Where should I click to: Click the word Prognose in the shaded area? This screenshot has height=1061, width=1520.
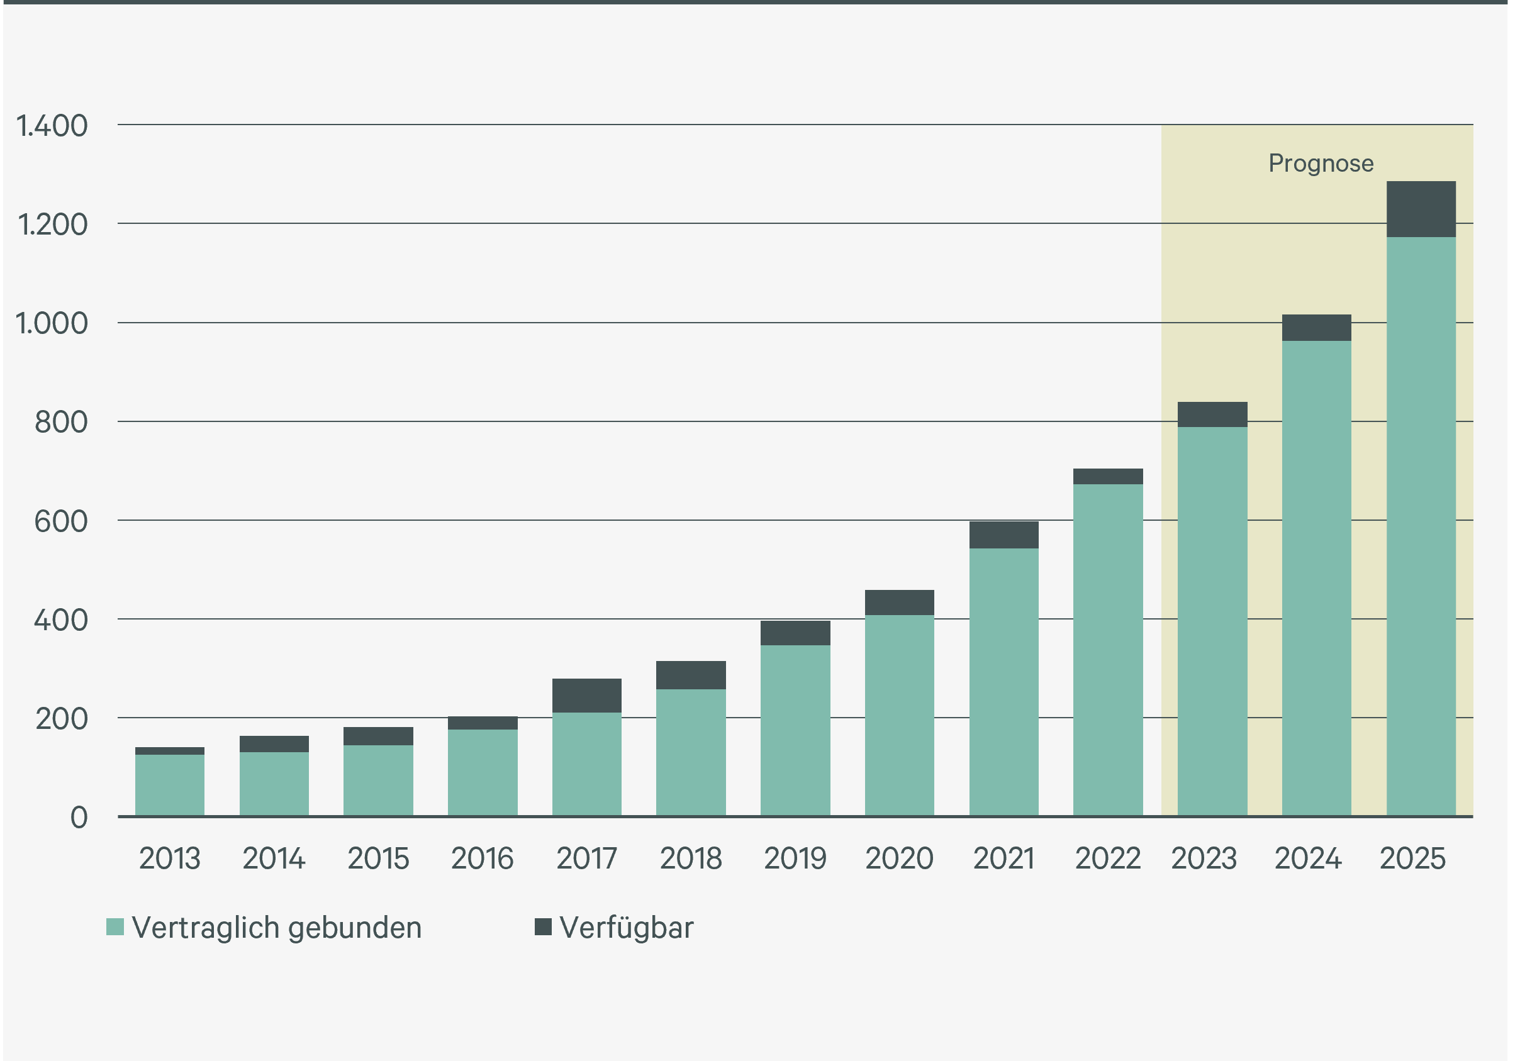(x=1321, y=164)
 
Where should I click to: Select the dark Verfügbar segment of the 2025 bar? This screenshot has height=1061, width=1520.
(x=1421, y=209)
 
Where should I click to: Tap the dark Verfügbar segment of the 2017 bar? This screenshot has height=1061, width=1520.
(x=586, y=696)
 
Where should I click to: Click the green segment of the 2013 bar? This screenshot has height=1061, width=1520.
(x=169, y=785)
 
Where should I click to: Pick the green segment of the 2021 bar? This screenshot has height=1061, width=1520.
(x=1003, y=682)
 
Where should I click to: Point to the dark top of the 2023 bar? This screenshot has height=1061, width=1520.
(x=1212, y=414)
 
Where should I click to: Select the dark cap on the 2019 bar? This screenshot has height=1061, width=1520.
(x=795, y=633)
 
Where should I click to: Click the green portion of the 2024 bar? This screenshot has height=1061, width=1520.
(x=1317, y=579)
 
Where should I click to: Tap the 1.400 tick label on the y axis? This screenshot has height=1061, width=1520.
(x=52, y=126)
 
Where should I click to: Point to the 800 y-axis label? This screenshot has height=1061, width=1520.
(x=61, y=422)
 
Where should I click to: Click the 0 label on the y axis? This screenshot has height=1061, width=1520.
(x=79, y=818)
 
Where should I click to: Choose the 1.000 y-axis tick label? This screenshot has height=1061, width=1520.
(x=52, y=324)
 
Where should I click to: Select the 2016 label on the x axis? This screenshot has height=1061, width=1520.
(x=483, y=858)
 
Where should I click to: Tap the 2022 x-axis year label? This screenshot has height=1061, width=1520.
(x=1108, y=858)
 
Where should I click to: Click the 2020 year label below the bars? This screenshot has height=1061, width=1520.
(x=900, y=858)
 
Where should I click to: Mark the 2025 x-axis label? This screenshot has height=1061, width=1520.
(x=1413, y=858)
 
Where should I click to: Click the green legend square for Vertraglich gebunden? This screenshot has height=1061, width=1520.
(x=115, y=926)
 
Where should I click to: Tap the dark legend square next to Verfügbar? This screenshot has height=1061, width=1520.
(x=544, y=926)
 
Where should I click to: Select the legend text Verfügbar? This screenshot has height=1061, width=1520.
(x=627, y=928)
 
